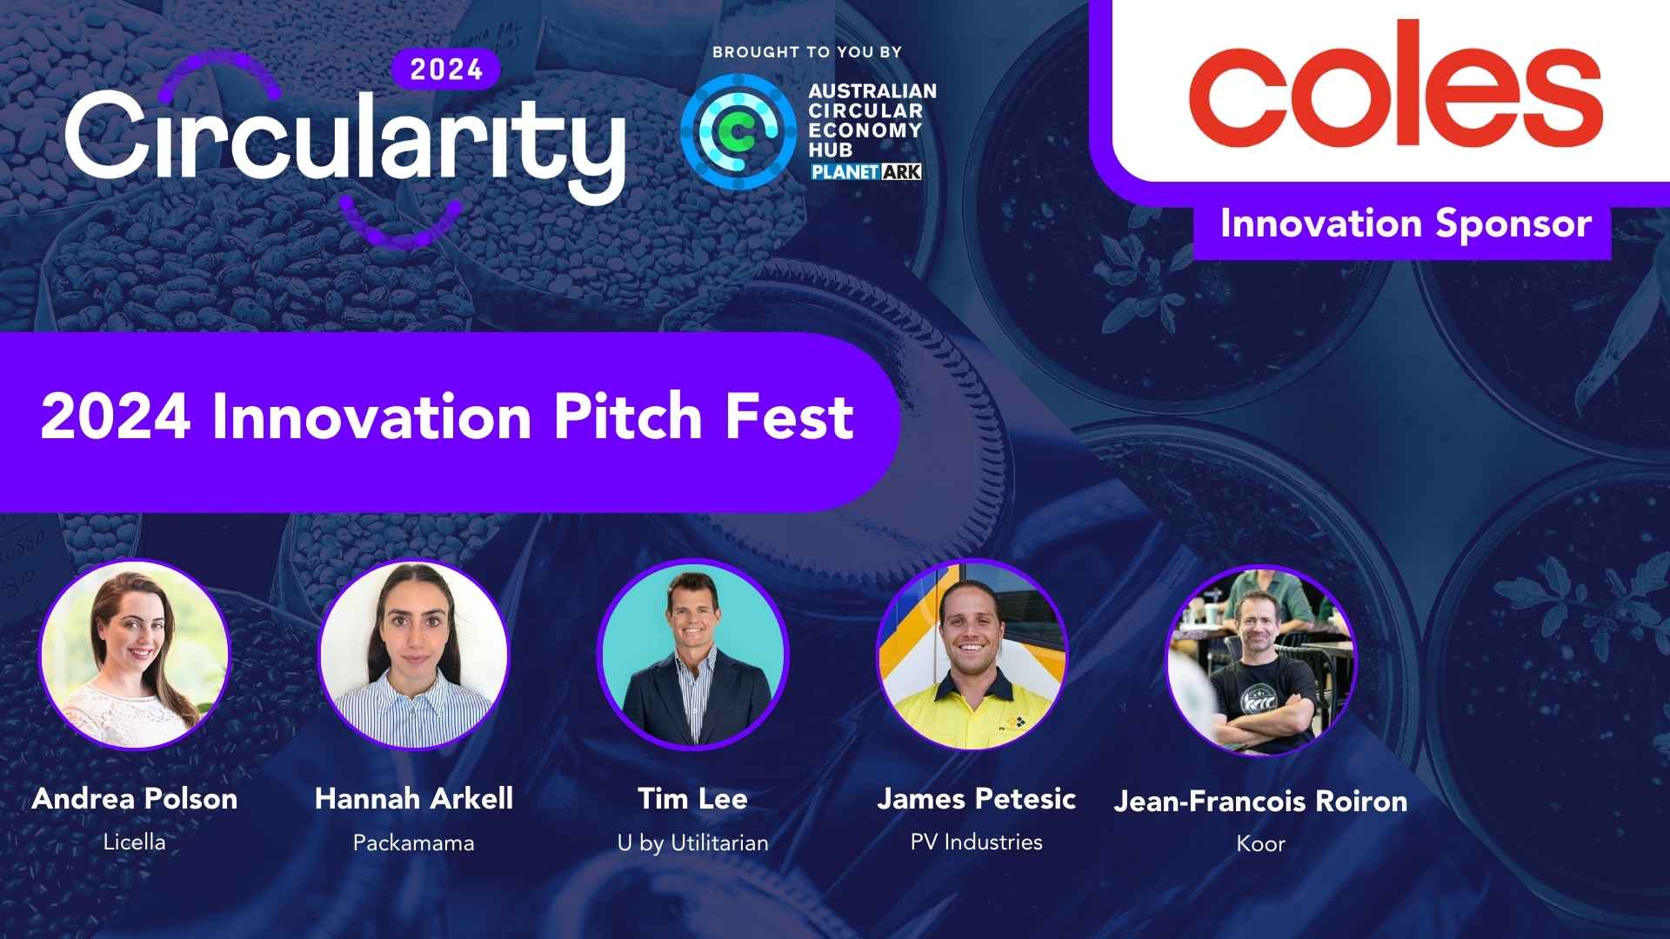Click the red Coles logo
(x=1395, y=84)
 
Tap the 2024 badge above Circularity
(x=446, y=70)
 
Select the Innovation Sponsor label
(x=1406, y=224)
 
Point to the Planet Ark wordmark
(x=865, y=171)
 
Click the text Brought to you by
(x=807, y=52)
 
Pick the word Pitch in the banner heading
(x=628, y=416)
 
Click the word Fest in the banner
(x=790, y=417)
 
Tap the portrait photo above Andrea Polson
(x=134, y=654)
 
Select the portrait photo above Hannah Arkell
(x=414, y=654)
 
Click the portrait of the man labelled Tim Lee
(x=693, y=654)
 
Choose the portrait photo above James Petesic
(x=972, y=654)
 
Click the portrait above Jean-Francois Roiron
(x=1260, y=661)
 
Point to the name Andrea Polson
(x=135, y=799)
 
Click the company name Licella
(x=134, y=842)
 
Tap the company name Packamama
(x=414, y=842)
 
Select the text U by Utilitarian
(x=693, y=843)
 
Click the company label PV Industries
(x=977, y=842)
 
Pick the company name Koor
(x=1261, y=843)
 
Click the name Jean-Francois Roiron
(x=1261, y=801)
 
